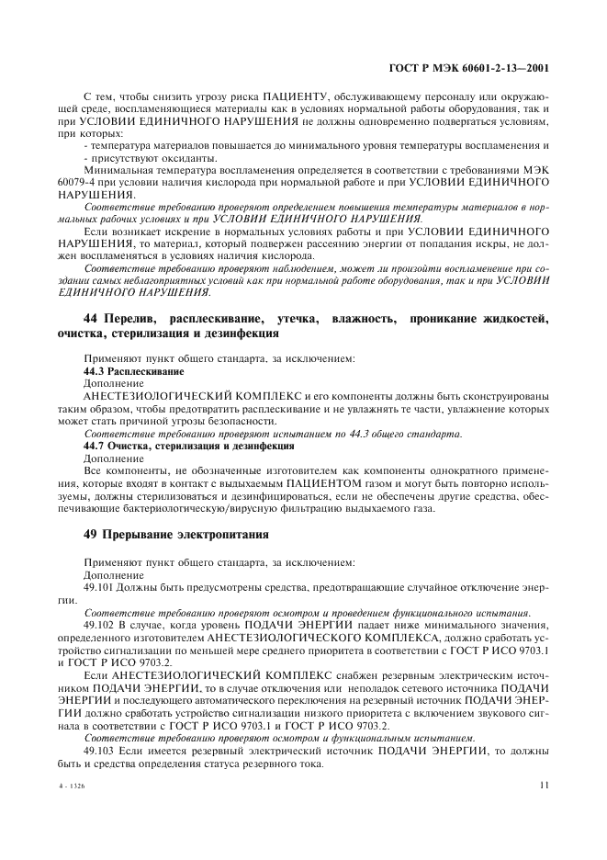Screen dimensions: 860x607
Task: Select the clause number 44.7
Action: pyautogui.click(x=95, y=445)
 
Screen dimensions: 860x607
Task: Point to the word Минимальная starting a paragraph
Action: pyautogui.click(x=117, y=171)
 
